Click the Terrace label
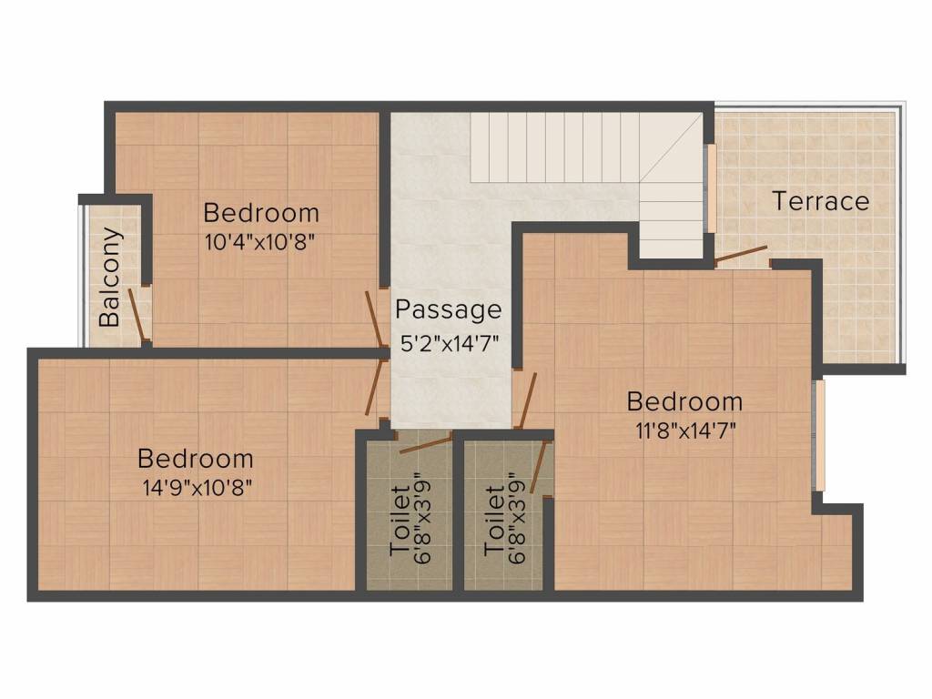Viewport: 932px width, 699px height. tap(820, 201)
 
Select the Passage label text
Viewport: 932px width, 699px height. tap(448, 310)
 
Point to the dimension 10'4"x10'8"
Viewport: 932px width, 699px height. tap(260, 243)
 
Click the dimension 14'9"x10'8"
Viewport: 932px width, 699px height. tap(196, 487)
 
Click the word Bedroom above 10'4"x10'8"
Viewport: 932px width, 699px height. tap(261, 213)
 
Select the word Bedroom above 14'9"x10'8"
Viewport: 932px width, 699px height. tap(196, 458)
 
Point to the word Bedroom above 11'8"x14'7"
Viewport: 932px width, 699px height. tap(684, 400)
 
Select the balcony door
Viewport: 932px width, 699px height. tap(137, 315)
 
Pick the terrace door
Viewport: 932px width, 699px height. tap(740, 254)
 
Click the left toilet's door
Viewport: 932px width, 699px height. tap(426, 444)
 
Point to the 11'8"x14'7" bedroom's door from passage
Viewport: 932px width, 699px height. tap(526, 400)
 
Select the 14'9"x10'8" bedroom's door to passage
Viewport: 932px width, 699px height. tap(372, 388)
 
